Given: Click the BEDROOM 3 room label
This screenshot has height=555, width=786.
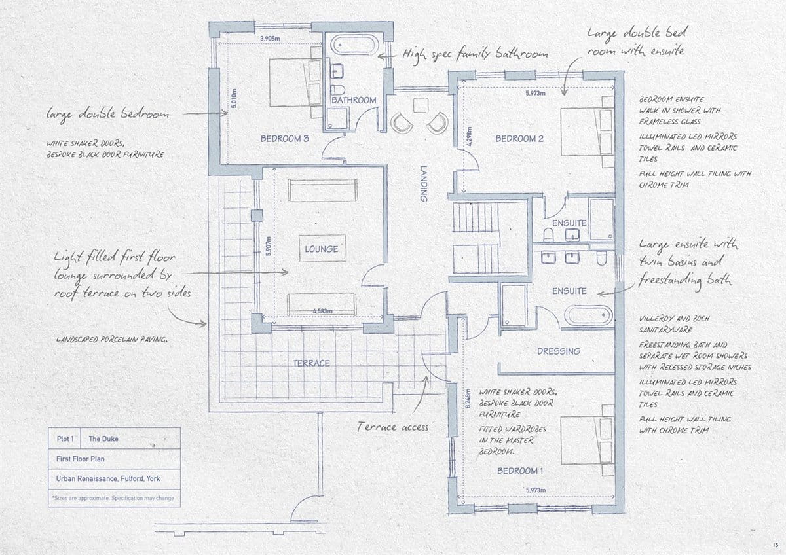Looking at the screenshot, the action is (x=284, y=139).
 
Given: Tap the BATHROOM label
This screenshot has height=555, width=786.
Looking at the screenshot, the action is (x=354, y=100).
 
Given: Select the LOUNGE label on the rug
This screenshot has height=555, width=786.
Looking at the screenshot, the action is (x=322, y=249).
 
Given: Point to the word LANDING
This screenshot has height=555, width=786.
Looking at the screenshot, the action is (x=424, y=183).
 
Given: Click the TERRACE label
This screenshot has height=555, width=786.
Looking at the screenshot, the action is (x=311, y=363).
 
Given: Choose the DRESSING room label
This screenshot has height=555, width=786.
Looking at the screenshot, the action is (x=559, y=351).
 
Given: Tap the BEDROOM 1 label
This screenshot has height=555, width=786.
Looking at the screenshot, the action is (x=520, y=471).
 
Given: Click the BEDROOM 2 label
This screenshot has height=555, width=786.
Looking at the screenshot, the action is (x=519, y=139).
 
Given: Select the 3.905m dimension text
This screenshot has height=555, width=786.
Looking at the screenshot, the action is (x=270, y=39).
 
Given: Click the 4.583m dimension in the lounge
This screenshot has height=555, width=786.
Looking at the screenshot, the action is (x=322, y=311).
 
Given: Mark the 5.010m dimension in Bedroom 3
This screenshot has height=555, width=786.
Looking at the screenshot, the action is (x=234, y=98).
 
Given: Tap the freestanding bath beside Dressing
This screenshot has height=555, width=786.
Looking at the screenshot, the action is (x=589, y=315).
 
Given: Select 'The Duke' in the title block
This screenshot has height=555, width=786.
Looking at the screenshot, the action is (x=103, y=439).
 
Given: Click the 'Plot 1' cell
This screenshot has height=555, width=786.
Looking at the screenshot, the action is (x=65, y=439).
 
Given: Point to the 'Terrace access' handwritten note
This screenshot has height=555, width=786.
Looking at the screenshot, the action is (x=392, y=427).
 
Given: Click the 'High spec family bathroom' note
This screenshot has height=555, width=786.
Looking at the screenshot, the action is (x=475, y=54).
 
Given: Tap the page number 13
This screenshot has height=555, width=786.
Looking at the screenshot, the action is (x=775, y=545).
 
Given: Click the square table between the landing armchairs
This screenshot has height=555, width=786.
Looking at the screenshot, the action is (x=421, y=105).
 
